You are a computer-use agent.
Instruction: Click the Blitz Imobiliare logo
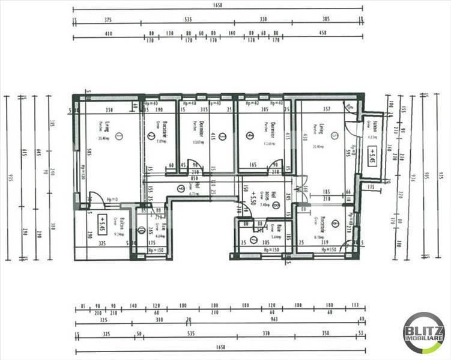[x=424, y=332]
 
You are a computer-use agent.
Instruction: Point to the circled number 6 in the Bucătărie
[x=334, y=224]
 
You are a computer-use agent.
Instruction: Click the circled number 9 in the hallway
[x=180, y=188]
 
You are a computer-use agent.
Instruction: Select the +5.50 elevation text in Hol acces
[x=247, y=197]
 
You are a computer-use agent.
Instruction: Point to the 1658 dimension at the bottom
[x=217, y=349]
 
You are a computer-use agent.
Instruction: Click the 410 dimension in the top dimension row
[x=108, y=34]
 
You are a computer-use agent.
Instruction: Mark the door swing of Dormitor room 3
[x=193, y=165]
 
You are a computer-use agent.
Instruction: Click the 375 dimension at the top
[x=108, y=19]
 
